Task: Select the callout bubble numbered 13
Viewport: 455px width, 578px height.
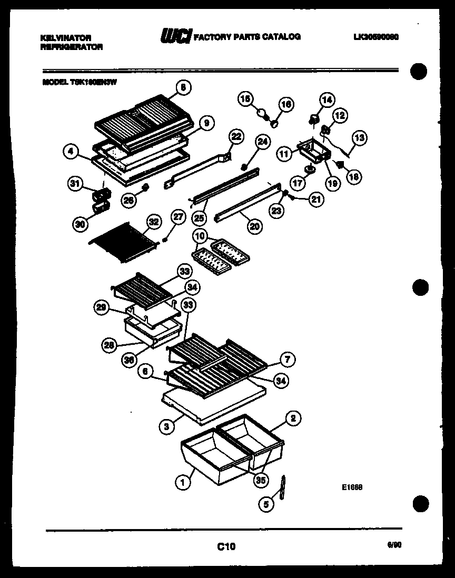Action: [x=359, y=138]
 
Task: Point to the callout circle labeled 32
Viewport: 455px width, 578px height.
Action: [x=153, y=222]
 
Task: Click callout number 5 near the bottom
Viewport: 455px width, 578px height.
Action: [x=266, y=504]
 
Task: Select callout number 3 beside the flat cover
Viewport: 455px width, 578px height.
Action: [x=167, y=426]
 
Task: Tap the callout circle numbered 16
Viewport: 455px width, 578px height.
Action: [x=285, y=105]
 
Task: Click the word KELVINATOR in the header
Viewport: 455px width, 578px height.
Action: [x=66, y=38]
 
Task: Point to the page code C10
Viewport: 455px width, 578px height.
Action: [x=226, y=546]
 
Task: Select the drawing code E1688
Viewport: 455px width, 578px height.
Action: [x=352, y=487]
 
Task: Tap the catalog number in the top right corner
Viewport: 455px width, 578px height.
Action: [x=377, y=37]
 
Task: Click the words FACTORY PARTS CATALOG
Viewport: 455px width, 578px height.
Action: [x=248, y=37]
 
